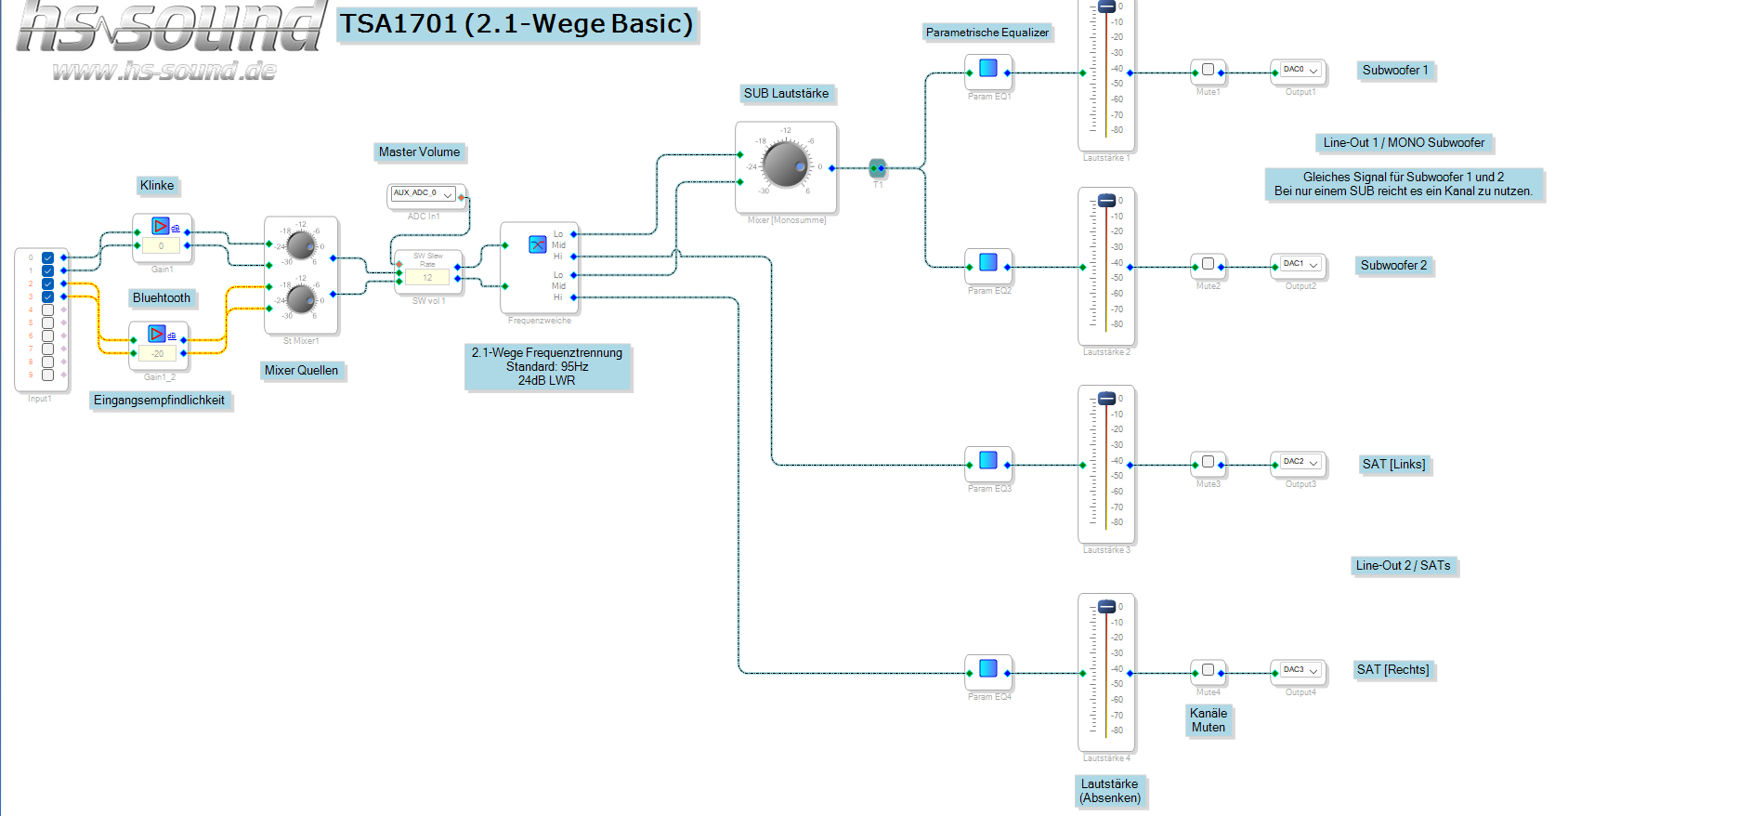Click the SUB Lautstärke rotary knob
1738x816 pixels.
click(x=786, y=165)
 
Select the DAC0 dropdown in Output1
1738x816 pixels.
click(x=1300, y=71)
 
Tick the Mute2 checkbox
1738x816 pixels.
click(x=1208, y=264)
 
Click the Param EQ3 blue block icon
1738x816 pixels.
click(x=988, y=460)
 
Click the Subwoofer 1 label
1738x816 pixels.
click(x=1395, y=71)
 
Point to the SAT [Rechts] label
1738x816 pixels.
click(x=1392, y=670)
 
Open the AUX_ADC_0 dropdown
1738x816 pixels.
click(x=424, y=194)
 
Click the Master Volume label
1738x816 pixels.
click(x=419, y=152)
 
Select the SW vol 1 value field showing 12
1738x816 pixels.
click(x=427, y=278)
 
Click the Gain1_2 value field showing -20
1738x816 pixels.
click(x=158, y=354)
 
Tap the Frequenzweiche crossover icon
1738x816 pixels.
click(x=537, y=244)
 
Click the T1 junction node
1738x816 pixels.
click(x=877, y=168)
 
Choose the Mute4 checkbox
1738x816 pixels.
click(x=1208, y=669)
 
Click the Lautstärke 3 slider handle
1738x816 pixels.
click(x=1106, y=399)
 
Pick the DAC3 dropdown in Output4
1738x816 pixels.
click(x=1300, y=670)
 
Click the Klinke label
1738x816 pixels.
click(x=157, y=186)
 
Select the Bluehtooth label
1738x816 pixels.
click(x=162, y=298)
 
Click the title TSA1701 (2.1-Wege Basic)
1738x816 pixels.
click(x=516, y=24)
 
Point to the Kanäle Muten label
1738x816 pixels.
click(x=1209, y=720)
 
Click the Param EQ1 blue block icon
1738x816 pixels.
click(x=988, y=68)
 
